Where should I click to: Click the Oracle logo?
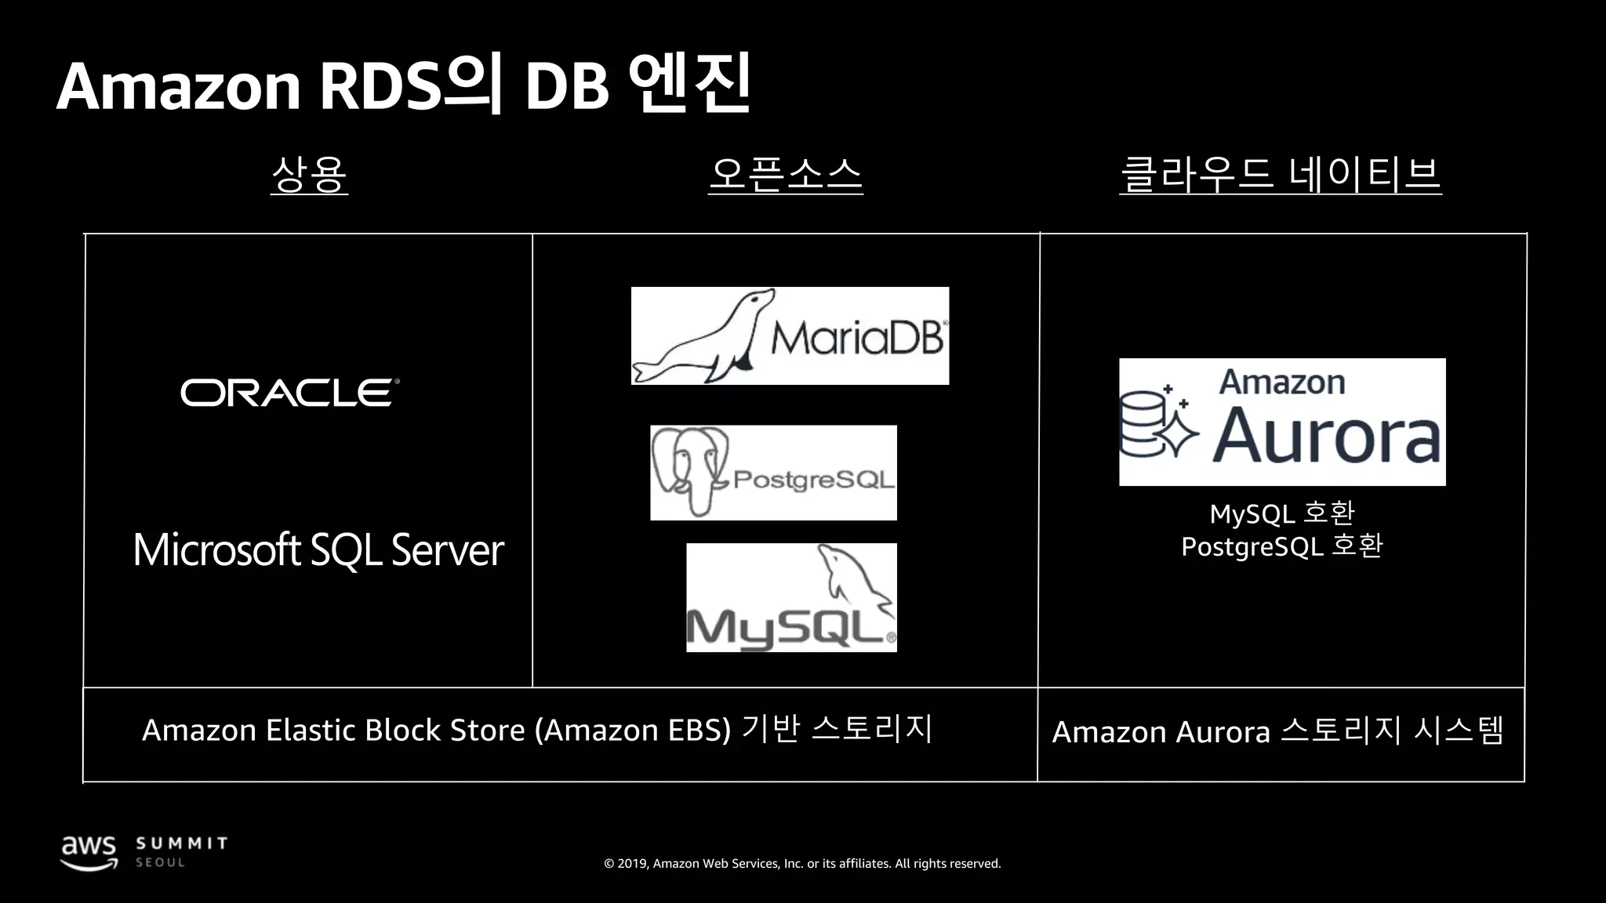coord(289,393)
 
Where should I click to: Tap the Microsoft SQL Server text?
coord(318,549)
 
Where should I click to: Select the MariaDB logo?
coord(790,335)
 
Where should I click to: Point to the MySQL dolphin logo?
coord(791,597)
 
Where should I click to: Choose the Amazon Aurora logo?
coord(1282,422)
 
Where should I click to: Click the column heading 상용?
coord(309,174)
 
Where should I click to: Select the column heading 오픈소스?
coord(785,174)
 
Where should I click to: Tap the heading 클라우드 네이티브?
coord(1280,174)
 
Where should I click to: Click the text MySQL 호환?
coord(1282,513)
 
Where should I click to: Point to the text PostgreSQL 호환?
coord(1282,546)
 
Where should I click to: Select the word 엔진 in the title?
coord(690,83)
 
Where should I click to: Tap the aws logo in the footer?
coord(89,851)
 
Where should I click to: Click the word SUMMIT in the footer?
coord(182,843)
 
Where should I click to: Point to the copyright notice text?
coord(802,864)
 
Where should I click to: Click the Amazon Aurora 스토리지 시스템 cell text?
coord(1278,731)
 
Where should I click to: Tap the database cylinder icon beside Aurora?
coord(1143,423)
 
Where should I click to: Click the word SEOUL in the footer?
coord(161,862)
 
